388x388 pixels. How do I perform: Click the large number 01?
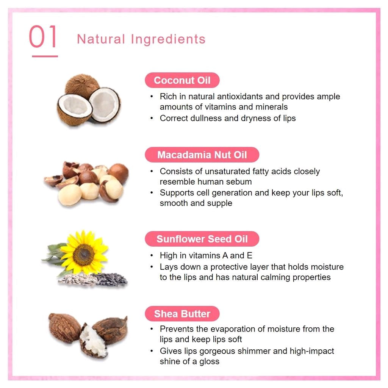[43, 37]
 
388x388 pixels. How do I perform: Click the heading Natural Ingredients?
[141, 39]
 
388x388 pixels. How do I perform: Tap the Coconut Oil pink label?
[182, 80]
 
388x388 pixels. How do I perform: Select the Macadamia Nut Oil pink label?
[202, 155]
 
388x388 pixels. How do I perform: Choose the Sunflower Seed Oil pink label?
[202, 239]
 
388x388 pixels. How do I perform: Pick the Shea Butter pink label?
[182, 314]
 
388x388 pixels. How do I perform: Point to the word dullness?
[206, 118]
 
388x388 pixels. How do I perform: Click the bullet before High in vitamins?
[152, 256]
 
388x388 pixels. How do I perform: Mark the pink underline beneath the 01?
[45, 56]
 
